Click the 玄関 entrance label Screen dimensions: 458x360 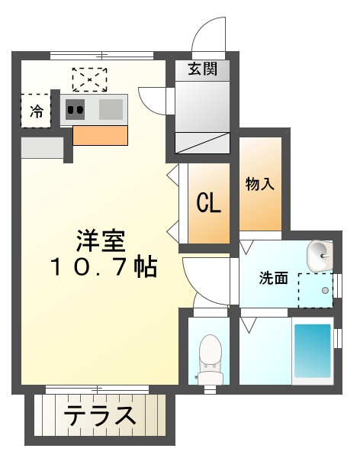[x=203, y=69]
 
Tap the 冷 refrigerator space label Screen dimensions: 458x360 [x=36, y=111]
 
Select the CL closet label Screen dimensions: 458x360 [x=208, y=204]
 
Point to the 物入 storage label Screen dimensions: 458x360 [x=259, y=184]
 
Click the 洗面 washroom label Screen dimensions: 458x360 [x=273, y=278]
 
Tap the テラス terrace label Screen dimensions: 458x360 [x=99, y=417]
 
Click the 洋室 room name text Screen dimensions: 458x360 [x=100, y=240]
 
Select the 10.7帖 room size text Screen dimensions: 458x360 [x=104, y=267]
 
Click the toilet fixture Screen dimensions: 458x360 [x=208, y=357]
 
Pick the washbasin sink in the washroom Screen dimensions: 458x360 [x=320, y=254]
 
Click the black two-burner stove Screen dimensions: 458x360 [x=76, y=109]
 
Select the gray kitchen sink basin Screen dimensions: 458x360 [x=111, y=108]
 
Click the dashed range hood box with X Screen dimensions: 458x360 [x=89, y=79]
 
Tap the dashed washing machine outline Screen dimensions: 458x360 [x=315, y=289]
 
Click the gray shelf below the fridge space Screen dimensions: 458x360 [x=42, y=147]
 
